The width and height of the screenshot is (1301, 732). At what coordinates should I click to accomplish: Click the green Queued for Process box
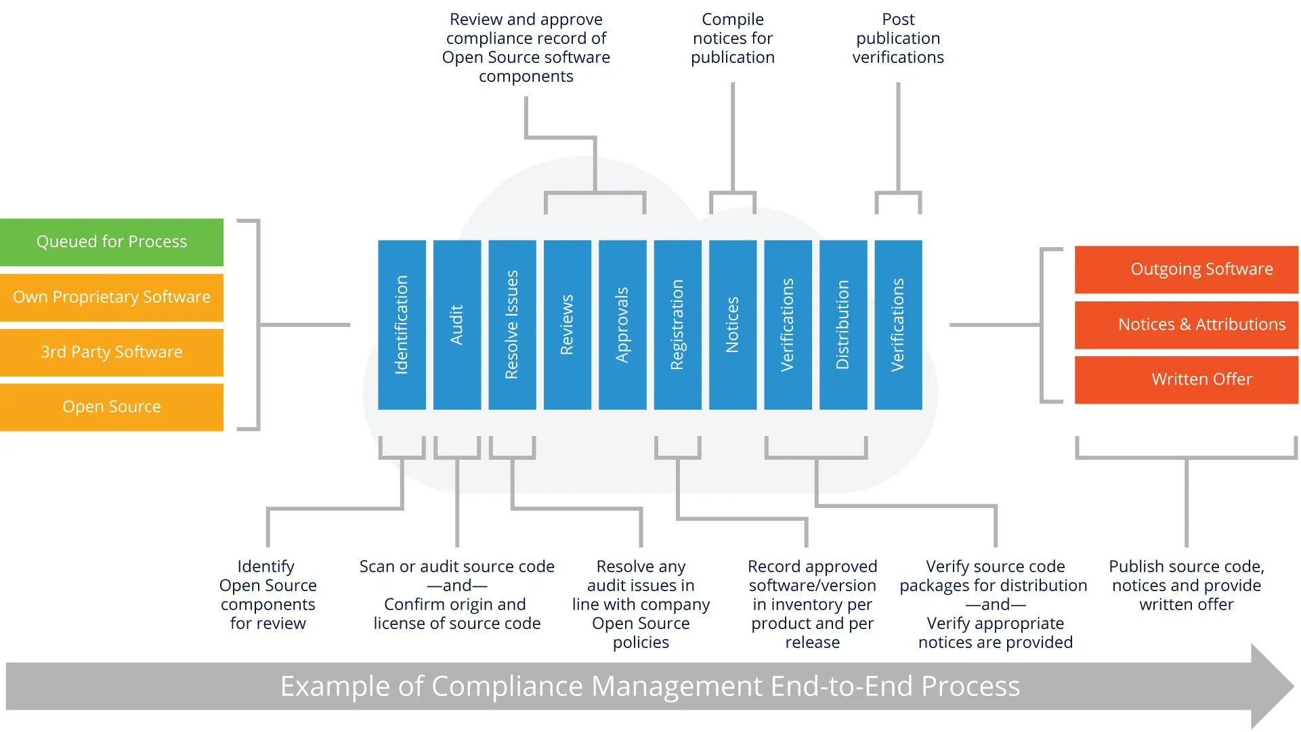pos(112,242)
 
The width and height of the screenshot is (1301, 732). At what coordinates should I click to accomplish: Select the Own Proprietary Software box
pos(112,297)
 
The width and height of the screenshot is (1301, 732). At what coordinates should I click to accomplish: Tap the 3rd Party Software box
pos(112,352)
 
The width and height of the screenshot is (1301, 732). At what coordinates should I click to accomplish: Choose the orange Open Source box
pos(112,407)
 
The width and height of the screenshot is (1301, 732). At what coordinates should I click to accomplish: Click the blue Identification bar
pos(402,325)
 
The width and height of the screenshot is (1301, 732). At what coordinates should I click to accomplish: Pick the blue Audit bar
pos(457,325)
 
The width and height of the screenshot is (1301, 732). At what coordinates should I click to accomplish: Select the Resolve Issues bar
pos(512,325)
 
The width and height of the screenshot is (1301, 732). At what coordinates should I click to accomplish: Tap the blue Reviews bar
pos(567,325)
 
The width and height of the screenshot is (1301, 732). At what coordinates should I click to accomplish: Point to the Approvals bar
pos(622,325)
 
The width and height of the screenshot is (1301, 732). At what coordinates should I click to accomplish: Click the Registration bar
pos(677,325)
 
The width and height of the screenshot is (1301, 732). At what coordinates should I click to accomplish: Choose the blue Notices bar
pos(733,325)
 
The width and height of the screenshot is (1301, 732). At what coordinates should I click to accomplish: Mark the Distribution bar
pos(843,325)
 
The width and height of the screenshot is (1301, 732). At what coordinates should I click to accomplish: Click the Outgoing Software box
pos(1187,270)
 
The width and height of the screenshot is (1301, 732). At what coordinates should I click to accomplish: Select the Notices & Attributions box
pos(1187,325)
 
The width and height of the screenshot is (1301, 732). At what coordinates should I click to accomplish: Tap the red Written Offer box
pos(1187,380)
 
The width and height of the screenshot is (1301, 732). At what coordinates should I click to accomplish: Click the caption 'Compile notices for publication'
pos(733,39)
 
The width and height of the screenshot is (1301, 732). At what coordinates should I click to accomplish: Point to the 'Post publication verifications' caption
pos(898,39)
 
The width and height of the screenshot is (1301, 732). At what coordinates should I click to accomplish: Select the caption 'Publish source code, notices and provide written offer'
pos(1187,586)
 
